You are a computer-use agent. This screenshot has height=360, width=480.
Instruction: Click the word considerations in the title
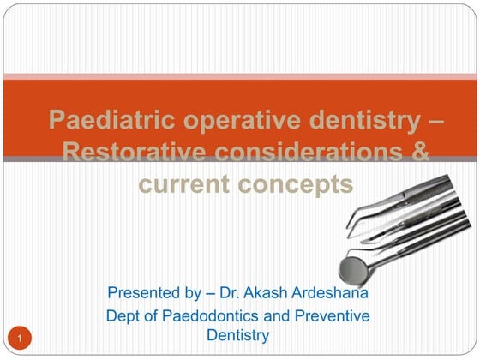[298, 152]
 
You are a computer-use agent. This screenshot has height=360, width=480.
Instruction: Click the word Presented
[143, 294]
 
